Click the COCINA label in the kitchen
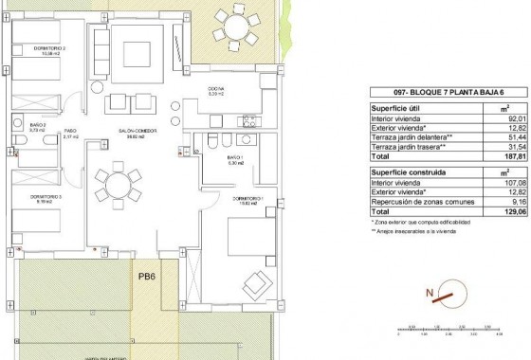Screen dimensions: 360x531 pyautogui.click(x=215, y=91)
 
